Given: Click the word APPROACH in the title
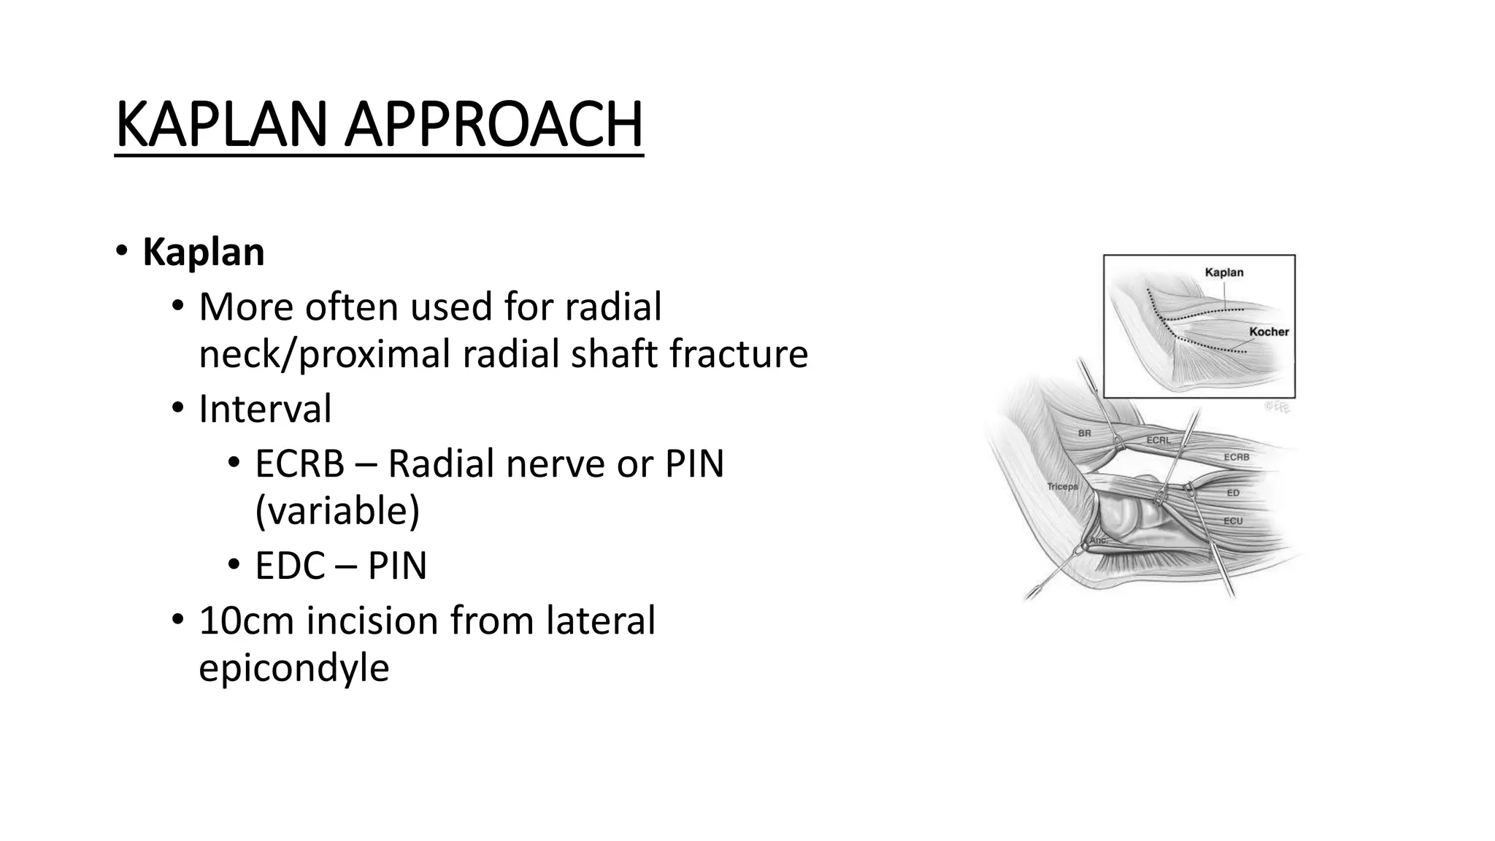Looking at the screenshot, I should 493,124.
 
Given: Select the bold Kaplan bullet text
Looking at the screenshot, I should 203,253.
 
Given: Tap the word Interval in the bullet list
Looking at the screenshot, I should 265,409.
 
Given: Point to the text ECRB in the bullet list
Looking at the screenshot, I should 299,464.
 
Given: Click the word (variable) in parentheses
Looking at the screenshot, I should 337,510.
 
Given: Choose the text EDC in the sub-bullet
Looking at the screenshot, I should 290,566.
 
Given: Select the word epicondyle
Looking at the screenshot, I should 293,667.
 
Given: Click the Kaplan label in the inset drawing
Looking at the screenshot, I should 1224,272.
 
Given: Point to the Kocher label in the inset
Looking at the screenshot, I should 1269,331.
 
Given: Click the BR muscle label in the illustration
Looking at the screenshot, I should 1085,433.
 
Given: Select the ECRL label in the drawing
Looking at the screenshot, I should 1158,440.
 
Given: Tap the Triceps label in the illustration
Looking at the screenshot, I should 1062,486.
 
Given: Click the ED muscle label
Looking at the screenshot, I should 1233,493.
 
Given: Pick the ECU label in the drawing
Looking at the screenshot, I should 1233,521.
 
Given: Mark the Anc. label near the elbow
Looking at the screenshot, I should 1099,540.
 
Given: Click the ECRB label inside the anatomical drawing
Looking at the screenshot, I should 1237,457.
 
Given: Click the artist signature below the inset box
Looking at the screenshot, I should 1277,407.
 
